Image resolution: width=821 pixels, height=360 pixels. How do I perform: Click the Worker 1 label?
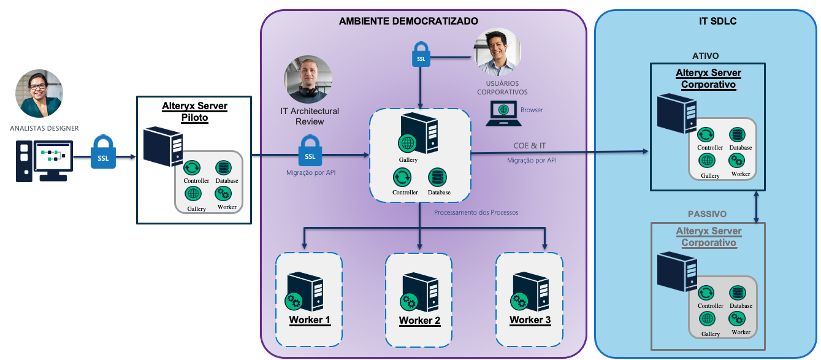310,320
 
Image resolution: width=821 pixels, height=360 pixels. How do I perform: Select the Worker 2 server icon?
419,291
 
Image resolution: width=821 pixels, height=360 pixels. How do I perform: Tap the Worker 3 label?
530,320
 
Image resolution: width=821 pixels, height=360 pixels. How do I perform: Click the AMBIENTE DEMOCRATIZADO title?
408,21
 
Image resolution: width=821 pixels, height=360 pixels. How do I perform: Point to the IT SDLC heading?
717,21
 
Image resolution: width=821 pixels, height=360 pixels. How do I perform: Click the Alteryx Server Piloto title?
194,112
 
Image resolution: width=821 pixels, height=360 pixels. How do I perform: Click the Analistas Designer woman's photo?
39,93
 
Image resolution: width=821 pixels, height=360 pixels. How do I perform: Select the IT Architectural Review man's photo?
308,80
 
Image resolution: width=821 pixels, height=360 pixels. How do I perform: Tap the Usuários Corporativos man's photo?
498,52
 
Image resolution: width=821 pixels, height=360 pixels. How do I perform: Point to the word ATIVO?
705,56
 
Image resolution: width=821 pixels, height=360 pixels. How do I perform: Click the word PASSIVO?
706,214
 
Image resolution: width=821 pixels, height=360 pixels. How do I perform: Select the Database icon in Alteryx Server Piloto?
224,168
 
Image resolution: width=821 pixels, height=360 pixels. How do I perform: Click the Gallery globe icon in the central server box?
408,144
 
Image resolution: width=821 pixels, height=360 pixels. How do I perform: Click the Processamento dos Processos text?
476,212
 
